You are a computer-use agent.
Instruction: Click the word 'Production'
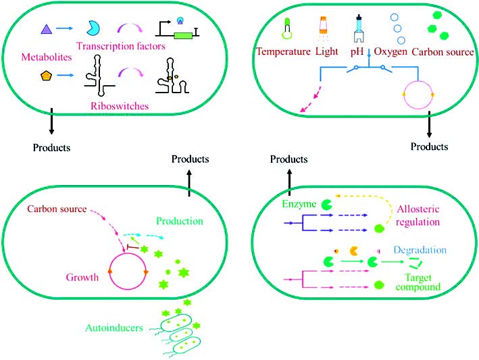pos(180,221)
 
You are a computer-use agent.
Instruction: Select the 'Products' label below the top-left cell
pos(52,147)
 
